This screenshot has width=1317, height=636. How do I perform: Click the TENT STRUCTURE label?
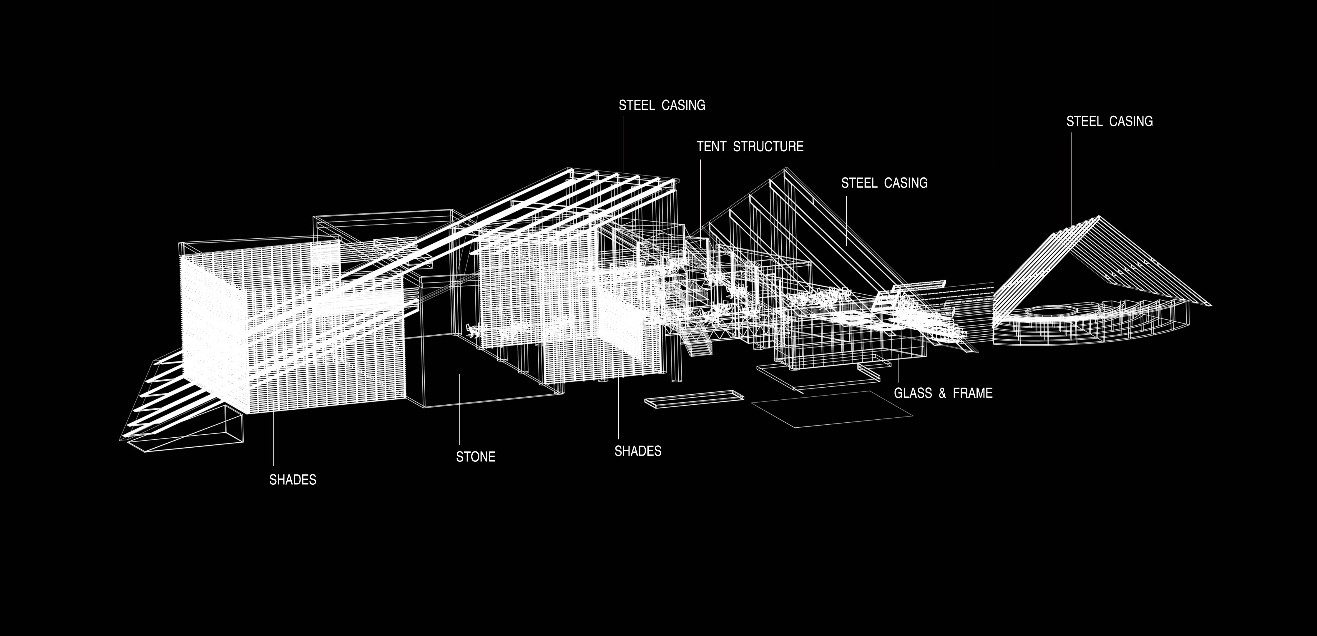click(x=750, y=147)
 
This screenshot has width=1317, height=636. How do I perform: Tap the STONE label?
click(x=476, y=456)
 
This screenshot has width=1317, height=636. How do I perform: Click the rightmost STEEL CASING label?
click(x=1110, y=121)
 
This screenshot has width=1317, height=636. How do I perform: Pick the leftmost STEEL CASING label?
click(x=662, y=105)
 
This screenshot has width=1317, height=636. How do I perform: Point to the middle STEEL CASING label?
click(x=884, y=183)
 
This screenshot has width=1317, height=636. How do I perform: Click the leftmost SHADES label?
click(x=293, y=479)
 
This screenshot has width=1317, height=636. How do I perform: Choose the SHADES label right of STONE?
click(x=638, y=451)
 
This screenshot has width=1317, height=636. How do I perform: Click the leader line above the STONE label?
click(x=459, y=409)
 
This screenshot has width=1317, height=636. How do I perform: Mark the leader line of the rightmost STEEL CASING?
click(x=1071, y=179)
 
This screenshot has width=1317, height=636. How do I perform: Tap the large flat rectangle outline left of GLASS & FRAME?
click(x=832, y=409)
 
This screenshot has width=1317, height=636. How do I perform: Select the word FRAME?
click(x=972, y=393)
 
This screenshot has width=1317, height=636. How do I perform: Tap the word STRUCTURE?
click(x=768, y=147)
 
